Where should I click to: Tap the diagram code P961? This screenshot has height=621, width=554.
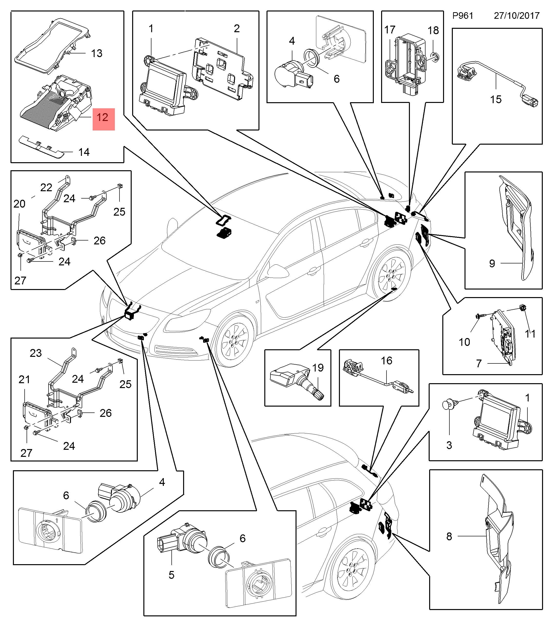click(x=462, y=16)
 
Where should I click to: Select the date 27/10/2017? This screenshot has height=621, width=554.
click(x=516, y=16)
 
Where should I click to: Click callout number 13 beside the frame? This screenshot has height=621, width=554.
click(x=97, y=54)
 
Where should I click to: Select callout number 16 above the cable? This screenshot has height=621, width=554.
click(x=386, y=361)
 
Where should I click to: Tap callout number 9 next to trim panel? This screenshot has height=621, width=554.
click(x=492, y=263)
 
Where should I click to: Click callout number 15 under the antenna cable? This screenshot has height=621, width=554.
click(x=495, y=99)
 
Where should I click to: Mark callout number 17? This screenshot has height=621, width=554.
click(x=390, y=30)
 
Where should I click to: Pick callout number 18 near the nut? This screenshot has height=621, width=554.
click(x=433, y=30)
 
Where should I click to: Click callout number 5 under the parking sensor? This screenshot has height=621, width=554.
click(x=171, y=575)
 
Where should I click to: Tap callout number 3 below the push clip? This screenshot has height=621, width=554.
click(x=449, y=445)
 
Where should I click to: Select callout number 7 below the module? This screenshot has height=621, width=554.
click(x=479, y=363)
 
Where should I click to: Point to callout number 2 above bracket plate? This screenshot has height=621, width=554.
click(x=237, y=29)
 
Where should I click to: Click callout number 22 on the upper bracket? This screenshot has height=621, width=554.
click(x=46, y=188)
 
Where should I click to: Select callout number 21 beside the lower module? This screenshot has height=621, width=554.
click(x=24, y=380)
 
